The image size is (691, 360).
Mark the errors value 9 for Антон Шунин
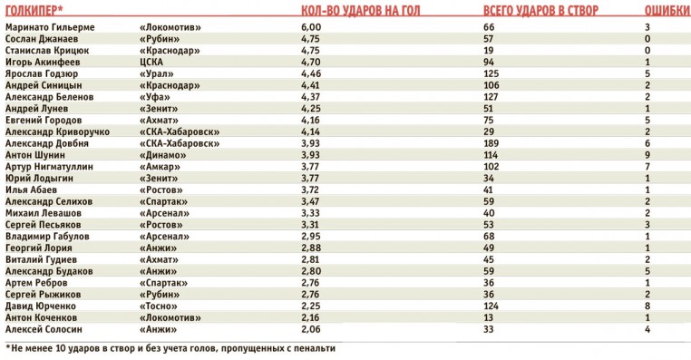click(x=647, y=155)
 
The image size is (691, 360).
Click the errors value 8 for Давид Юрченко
click(x=647, y=306)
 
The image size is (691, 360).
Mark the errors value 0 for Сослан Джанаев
click(x=647, y=39)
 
